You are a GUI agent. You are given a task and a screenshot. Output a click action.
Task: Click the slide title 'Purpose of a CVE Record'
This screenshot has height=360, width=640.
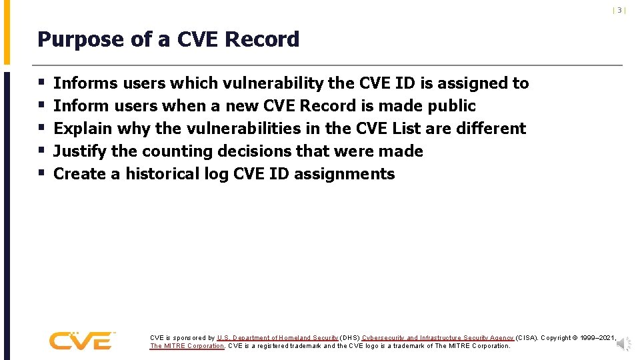click(168, 40)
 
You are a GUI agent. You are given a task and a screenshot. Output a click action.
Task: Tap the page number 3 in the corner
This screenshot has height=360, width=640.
click(619, 10)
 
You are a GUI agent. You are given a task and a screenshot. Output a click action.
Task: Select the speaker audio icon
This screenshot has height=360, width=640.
click(623, 343)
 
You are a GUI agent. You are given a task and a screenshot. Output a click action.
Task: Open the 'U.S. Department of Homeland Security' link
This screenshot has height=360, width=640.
click(277, 338)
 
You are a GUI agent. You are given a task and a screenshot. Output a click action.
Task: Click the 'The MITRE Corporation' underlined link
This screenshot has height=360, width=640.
click(187, 346)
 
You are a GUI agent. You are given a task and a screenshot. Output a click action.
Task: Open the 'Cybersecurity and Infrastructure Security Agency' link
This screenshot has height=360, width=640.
click(438, 338)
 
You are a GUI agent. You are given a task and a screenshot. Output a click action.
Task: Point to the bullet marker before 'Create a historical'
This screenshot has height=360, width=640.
click(41, 174)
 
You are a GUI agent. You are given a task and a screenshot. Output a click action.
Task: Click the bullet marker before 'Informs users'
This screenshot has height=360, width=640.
click(41, 83)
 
